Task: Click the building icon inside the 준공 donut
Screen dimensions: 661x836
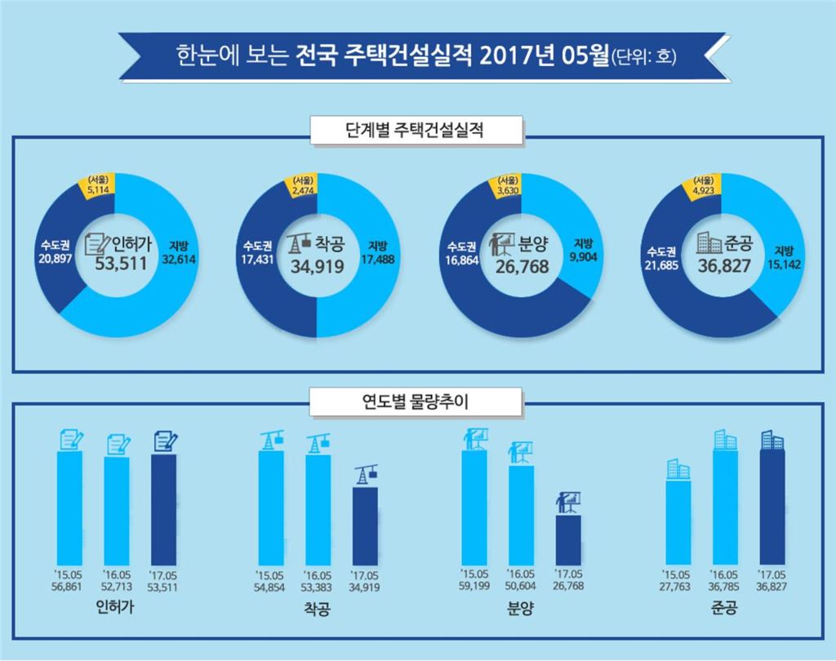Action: tap(708, 242)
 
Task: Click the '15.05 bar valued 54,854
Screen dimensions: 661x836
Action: tap(272, 506)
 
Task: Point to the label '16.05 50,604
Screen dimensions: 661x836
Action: tap(521, 579)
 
